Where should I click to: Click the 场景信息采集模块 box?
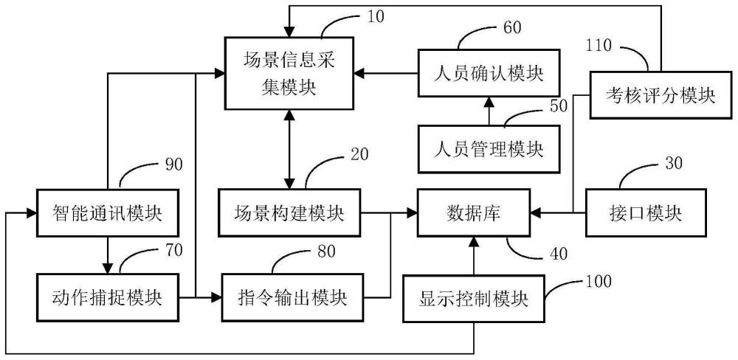click(289, 74)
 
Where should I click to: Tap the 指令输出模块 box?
click(294, 298)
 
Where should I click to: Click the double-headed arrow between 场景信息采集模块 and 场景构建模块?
click(289, 148)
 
